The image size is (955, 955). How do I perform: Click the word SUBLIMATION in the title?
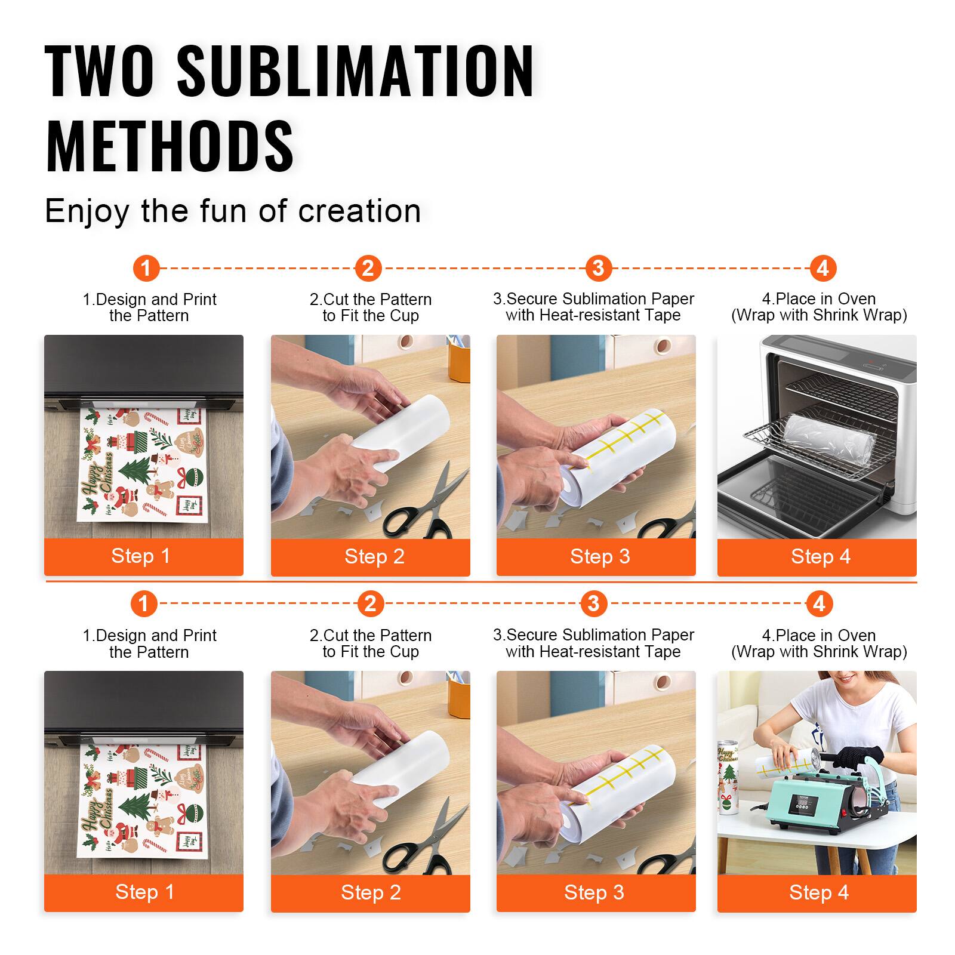click(356, 72)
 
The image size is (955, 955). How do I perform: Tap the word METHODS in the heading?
click(170, 146)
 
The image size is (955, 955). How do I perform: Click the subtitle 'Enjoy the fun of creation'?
click(233, 211)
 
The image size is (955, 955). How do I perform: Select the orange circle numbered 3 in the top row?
click(598, 268)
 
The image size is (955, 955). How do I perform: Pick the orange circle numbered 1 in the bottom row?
click(143, 603)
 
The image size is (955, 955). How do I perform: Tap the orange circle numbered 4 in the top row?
click(822, 268)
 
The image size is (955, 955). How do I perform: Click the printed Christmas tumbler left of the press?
click(727, 776)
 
